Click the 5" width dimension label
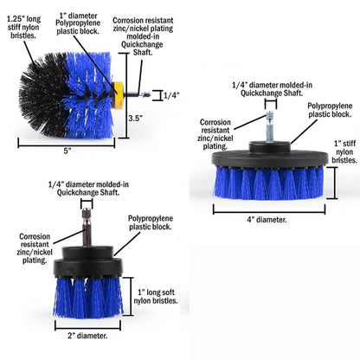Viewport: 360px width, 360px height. [x=67, y=151]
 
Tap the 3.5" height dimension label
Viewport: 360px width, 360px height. [x=135, y=118]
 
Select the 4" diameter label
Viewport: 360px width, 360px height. [x=267, y=220]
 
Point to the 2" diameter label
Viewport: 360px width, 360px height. [x=87, y=336]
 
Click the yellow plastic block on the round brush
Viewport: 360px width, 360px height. [x=118, y=95]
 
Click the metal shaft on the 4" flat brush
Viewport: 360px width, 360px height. [x=271, y=126]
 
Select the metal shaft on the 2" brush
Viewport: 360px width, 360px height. [x=87, y=228]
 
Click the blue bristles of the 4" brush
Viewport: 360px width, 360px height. [x=269, y=183]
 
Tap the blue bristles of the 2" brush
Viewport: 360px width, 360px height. [x=88, y=298]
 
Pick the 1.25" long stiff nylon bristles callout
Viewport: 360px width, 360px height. [x=23, y=28]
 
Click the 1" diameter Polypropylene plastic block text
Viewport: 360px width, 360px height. [x=78, y=23]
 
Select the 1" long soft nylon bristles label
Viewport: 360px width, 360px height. [x=156, y=297]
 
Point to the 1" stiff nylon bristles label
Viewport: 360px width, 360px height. [x=344, y=151]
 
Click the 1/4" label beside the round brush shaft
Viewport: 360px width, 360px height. [x=171, y=95]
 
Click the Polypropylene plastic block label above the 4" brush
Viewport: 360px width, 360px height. [x=330, y=110]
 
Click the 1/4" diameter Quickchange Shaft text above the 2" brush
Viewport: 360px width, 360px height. [x=88, y=189]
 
